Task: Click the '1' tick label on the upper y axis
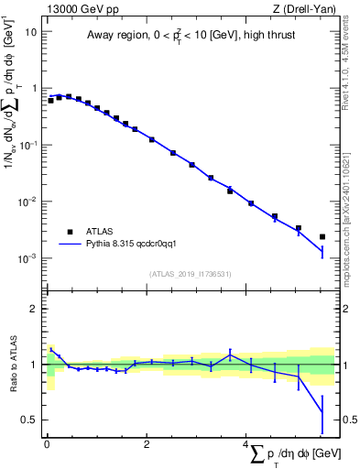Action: (34, 88)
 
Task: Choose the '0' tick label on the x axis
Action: (47, 444)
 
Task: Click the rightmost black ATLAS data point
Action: (322, 236)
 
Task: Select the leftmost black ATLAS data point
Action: (50, 100)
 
